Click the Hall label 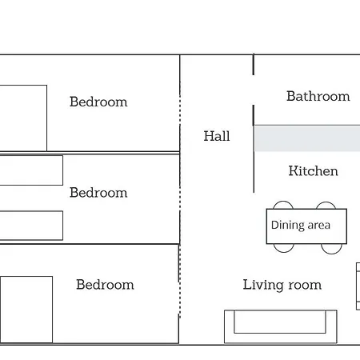pos(217,136)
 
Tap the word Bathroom pos(318,96)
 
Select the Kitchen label pos(313,171)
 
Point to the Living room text pos(282,285)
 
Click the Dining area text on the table pos(301,225)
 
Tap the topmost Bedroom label pos(98,102)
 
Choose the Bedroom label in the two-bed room pos(98,193)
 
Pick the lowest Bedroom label pos(105,285)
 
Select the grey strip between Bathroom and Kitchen pos(307,139)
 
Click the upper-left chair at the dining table pos(283,202)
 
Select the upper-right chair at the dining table pos(326,202)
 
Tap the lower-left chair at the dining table pos(284,251)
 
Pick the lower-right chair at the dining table pos(331,253)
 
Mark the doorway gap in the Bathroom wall pos(254,90)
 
